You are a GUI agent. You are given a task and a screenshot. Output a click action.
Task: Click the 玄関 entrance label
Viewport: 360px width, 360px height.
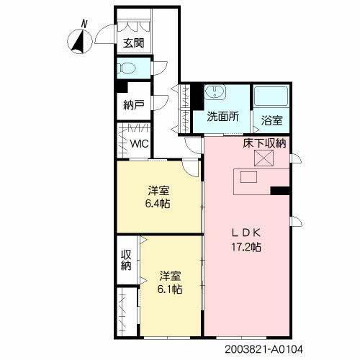tap(133, 42)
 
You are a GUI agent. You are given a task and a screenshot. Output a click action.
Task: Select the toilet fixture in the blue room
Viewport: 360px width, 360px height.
tap(128, 70)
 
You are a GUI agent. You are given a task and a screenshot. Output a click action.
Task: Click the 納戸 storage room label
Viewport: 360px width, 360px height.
tap(133, 105)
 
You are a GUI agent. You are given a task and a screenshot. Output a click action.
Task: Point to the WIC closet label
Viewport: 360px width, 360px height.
tap(139, 143)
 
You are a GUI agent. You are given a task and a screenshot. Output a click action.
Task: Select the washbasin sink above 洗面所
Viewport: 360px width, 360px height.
tap(215, 94)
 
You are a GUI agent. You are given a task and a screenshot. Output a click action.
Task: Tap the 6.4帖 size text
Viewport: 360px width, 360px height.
tap(159, 204)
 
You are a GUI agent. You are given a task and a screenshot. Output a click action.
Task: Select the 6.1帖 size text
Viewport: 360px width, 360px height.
tap(170, 289)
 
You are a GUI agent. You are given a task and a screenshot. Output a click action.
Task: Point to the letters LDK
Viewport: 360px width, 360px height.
tap(245, 233)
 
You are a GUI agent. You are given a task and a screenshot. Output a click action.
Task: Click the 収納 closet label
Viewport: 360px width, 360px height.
tap(126, 260)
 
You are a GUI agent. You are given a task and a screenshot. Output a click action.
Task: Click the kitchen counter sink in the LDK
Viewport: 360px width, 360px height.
tap(248, 177)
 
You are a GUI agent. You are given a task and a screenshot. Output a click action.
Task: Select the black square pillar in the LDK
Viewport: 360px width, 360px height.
tap(280, 191)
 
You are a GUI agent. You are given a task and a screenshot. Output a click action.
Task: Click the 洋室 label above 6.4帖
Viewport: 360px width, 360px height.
tap(159, 191)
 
